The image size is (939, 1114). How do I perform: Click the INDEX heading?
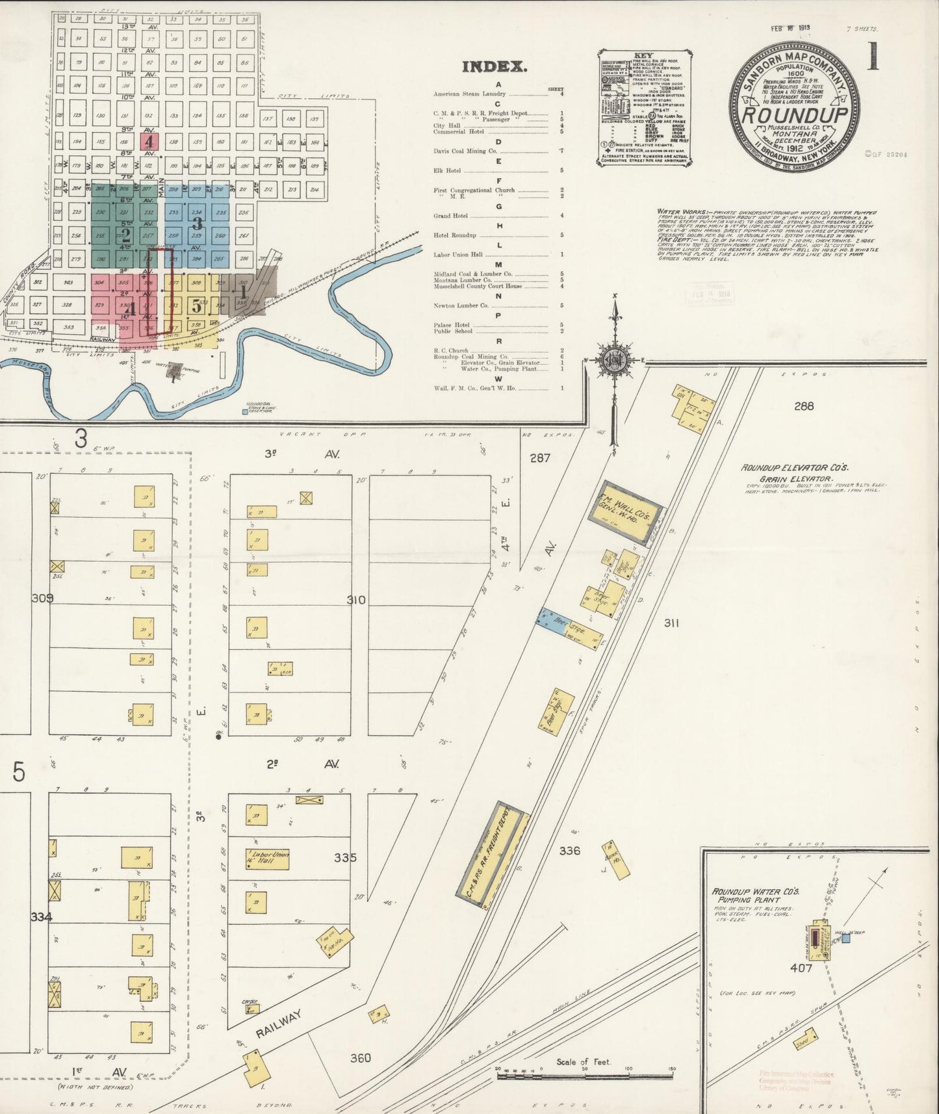493,66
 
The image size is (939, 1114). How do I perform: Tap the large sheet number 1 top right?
871,57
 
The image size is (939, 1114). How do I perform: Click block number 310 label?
356,600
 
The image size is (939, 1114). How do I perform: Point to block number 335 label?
345,857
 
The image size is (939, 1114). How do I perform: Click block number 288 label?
803,406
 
